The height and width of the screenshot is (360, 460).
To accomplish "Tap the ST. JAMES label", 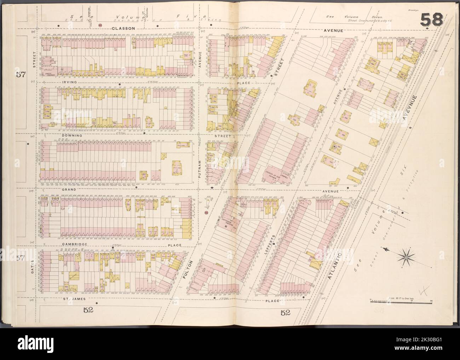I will [74, 298].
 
